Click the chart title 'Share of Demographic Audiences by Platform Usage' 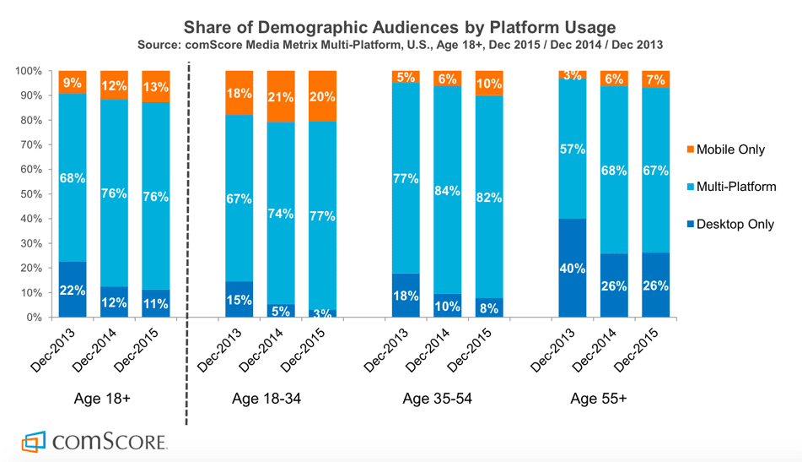tap(400, 26)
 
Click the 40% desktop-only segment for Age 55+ tap(573, 268)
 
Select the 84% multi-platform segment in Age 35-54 tap(447, 193)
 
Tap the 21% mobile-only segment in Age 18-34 tap(281, 96)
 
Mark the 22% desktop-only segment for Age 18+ tap(73, 290)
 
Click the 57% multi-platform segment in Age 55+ tap(573, 150)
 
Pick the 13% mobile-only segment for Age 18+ tap(155, 87)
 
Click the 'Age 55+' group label tap(598, 399)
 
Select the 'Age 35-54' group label tap(437, 399)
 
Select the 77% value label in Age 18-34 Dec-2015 tap(322, 216)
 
